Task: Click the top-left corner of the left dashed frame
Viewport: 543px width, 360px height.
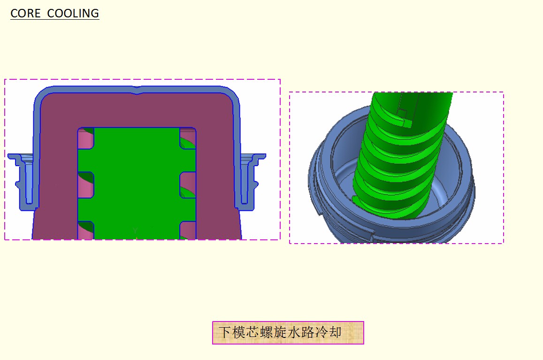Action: click(5, 79)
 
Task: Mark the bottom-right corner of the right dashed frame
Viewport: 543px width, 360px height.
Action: click(503, 243)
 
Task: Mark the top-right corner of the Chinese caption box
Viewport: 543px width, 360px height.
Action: click(364, 322)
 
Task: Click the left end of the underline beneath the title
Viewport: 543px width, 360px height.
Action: click(10, 19)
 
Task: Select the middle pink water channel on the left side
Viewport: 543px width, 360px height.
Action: click(85, 184)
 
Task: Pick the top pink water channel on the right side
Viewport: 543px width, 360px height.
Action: click(188, 138)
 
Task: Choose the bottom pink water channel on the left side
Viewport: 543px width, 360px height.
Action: click(85, 230)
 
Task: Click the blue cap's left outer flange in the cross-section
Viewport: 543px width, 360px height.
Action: click(23, 182)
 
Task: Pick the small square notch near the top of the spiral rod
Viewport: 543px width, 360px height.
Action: click(402, 113)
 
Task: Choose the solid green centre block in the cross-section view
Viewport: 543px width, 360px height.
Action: click(137, 184)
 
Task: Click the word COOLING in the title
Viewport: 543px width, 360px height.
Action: click(73, 14)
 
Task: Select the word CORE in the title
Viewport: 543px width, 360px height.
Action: click(26, 14)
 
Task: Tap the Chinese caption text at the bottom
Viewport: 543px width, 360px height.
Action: click(280, 332)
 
